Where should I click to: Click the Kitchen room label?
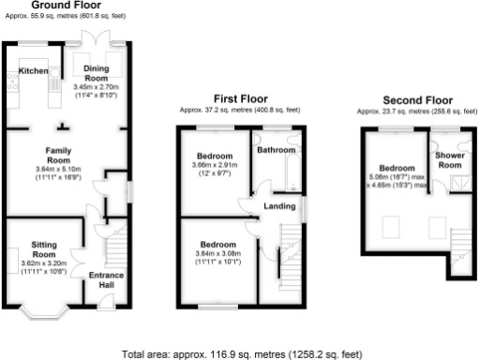34,70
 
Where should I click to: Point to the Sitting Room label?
45,248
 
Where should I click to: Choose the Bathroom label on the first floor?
277,149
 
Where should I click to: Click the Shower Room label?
451,160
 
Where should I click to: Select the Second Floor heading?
417,99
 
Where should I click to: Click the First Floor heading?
240,97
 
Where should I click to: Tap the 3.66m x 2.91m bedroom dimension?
215,169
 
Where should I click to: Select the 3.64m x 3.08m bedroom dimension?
216,256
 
